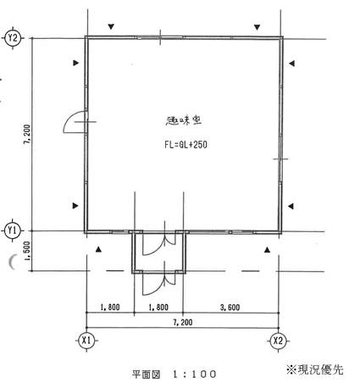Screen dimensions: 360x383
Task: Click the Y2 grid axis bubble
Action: tap(13, 37)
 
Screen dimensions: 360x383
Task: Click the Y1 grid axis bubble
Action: tap(13, 230)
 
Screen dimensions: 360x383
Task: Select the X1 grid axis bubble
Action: tap(86, 341)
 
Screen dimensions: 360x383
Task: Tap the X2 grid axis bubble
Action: tap(278, 341)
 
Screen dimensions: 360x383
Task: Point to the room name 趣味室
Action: tap(183, 121)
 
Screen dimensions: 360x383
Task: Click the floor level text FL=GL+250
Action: tap(186, 145)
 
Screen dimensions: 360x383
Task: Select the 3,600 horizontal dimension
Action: tap(230, 307)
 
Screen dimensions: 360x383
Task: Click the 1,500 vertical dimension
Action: tap(27, 251)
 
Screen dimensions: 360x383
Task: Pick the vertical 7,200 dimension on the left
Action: tap(27, 134)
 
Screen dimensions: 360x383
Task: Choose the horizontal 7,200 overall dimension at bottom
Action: tap(183, 322)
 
